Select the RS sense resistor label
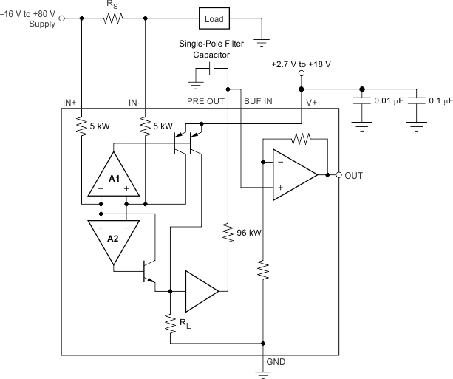pos(112,4)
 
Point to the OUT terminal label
pos(355,175)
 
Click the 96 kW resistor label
pos(251,233)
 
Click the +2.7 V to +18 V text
pos(302,64)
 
